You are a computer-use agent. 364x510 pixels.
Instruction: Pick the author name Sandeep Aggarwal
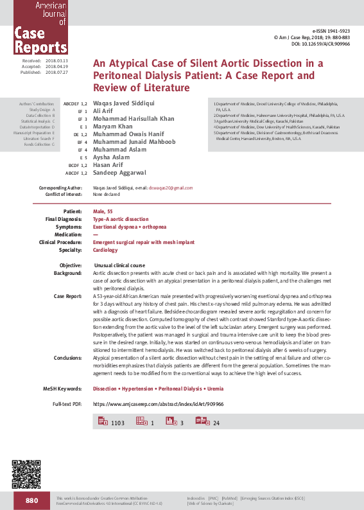pyautogui.click(x=120, y=172)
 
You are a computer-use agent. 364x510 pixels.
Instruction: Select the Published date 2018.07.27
pyautogui.click(x=60, y=73)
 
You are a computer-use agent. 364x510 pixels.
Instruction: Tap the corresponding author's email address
pyautogui.click(x=170, y=188)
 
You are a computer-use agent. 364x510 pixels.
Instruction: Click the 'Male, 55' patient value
pyautogui.click(x=105, y=211)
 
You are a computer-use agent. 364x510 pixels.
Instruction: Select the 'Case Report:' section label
pyautogui.click(x=67, y=296)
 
